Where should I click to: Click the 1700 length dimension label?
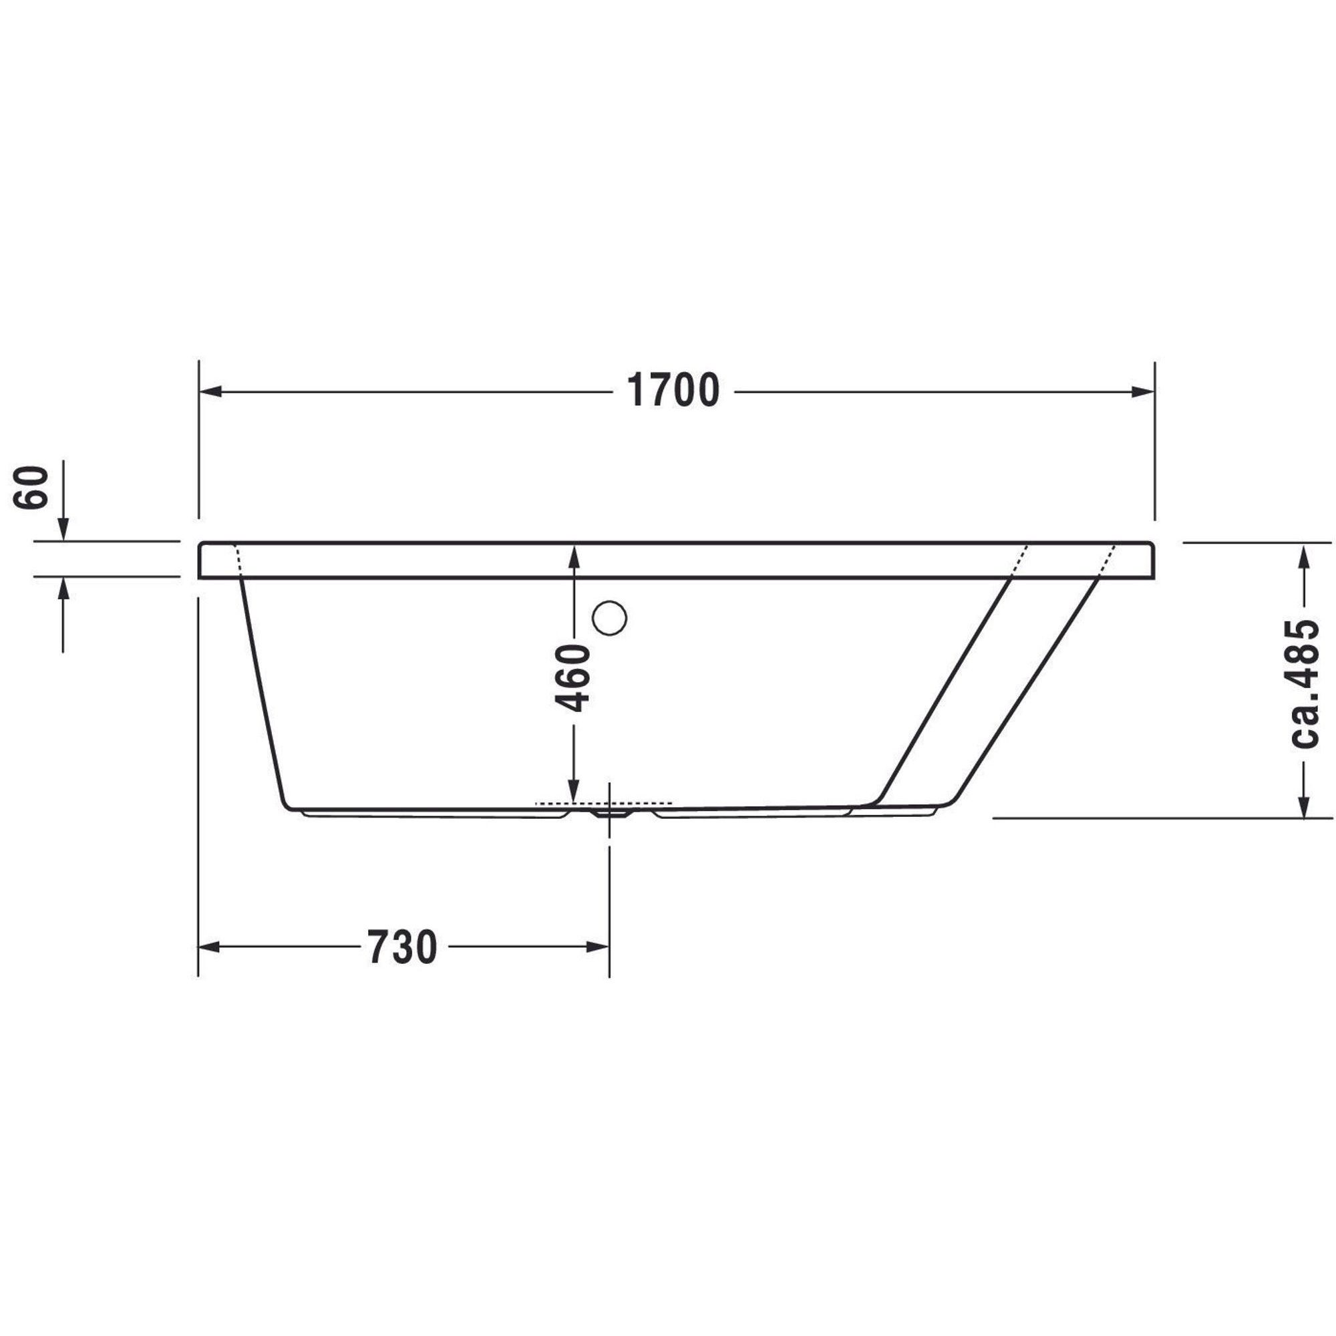[x=673, y=391]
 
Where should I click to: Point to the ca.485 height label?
[x=1305, y=683]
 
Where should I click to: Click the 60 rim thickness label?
[x=32, y=488]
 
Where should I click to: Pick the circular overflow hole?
[x=609, y=618]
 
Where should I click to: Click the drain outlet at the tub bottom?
[x=609, y=813]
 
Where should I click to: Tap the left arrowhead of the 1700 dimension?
[x=210, y=392]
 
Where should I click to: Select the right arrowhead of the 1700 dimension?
[x=1143, y=392]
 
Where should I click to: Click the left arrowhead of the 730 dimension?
[x=210, y=947]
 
